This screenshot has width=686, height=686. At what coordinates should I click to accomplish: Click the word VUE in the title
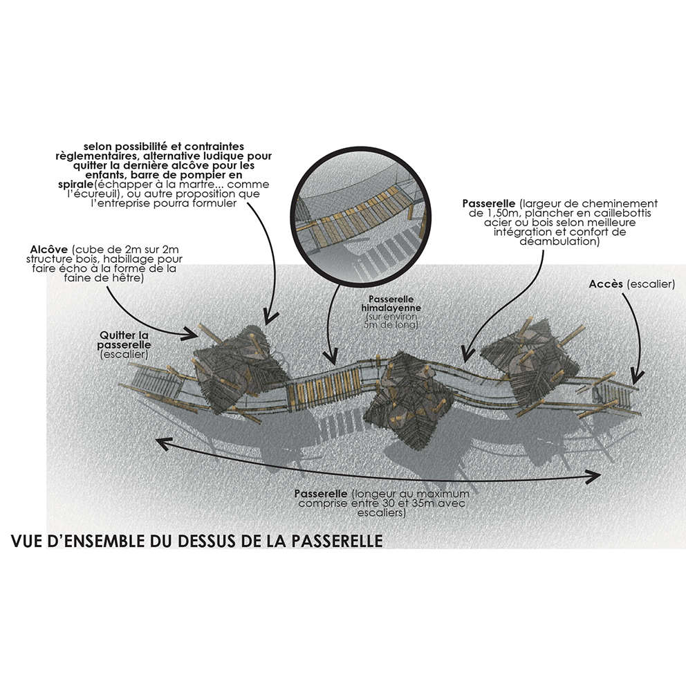26,541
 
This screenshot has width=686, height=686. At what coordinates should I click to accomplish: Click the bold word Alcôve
49,250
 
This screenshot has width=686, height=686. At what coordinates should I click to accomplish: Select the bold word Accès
606,284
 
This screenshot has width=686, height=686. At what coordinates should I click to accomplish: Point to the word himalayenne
391,308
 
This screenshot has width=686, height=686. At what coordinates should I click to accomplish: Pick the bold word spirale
75,185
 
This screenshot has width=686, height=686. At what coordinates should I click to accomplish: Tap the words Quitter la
124,335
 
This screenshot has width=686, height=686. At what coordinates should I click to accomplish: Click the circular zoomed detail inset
361,217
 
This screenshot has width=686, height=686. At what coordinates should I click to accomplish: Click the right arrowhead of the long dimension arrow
594,476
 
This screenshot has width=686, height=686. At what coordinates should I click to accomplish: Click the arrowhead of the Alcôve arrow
191,334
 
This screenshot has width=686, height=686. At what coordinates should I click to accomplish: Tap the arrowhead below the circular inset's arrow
331,356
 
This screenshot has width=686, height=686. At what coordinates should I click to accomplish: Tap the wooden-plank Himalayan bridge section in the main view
324,389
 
